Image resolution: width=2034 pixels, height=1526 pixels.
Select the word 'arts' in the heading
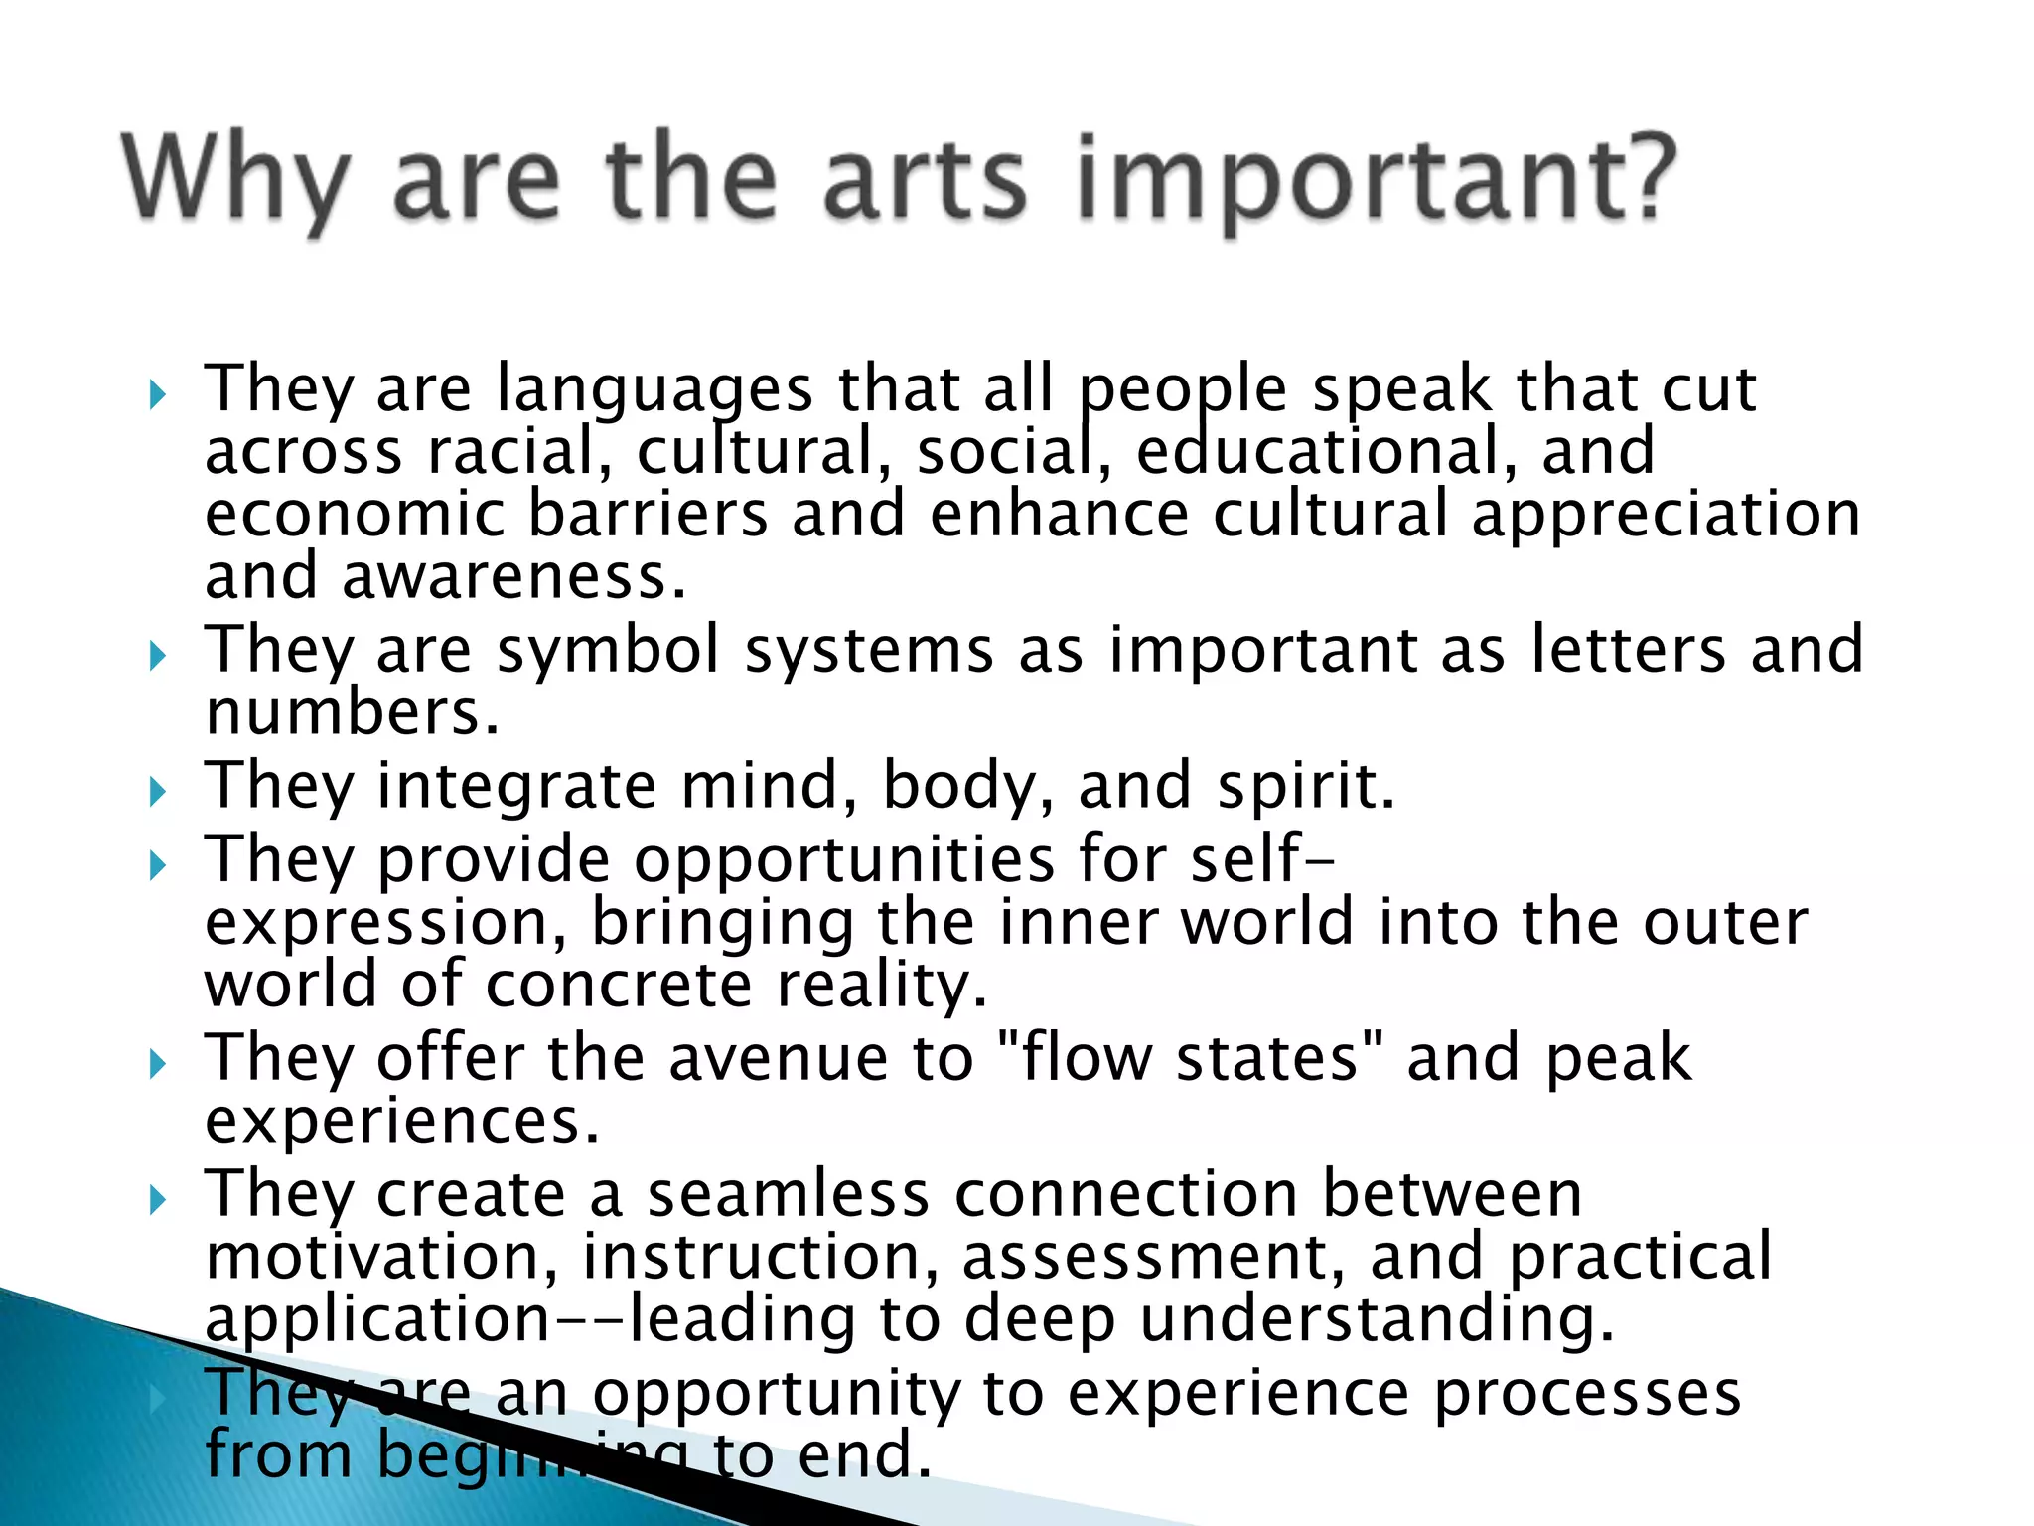coord(924,179)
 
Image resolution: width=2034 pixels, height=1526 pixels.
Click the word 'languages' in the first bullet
coord(654,389)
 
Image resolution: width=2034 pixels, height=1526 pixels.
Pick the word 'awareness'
coord(513,577)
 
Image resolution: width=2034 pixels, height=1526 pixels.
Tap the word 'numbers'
coord(352,712)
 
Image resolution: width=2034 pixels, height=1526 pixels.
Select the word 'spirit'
coord(1306,786)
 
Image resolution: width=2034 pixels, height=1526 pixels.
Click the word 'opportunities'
coord(845,859)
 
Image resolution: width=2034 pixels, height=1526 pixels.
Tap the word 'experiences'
coord(401,1121)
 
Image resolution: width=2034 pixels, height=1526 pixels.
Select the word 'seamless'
coord(789,1194)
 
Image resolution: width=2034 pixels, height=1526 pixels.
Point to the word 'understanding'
coord(1377,1319)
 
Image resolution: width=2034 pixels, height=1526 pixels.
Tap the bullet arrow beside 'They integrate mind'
coord(157,792)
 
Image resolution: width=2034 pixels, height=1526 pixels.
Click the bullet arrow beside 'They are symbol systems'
coord(157,656)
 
